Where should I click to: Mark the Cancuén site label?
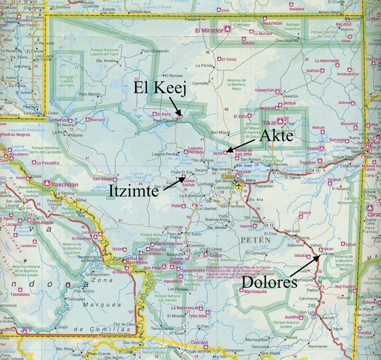[199, 342]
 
